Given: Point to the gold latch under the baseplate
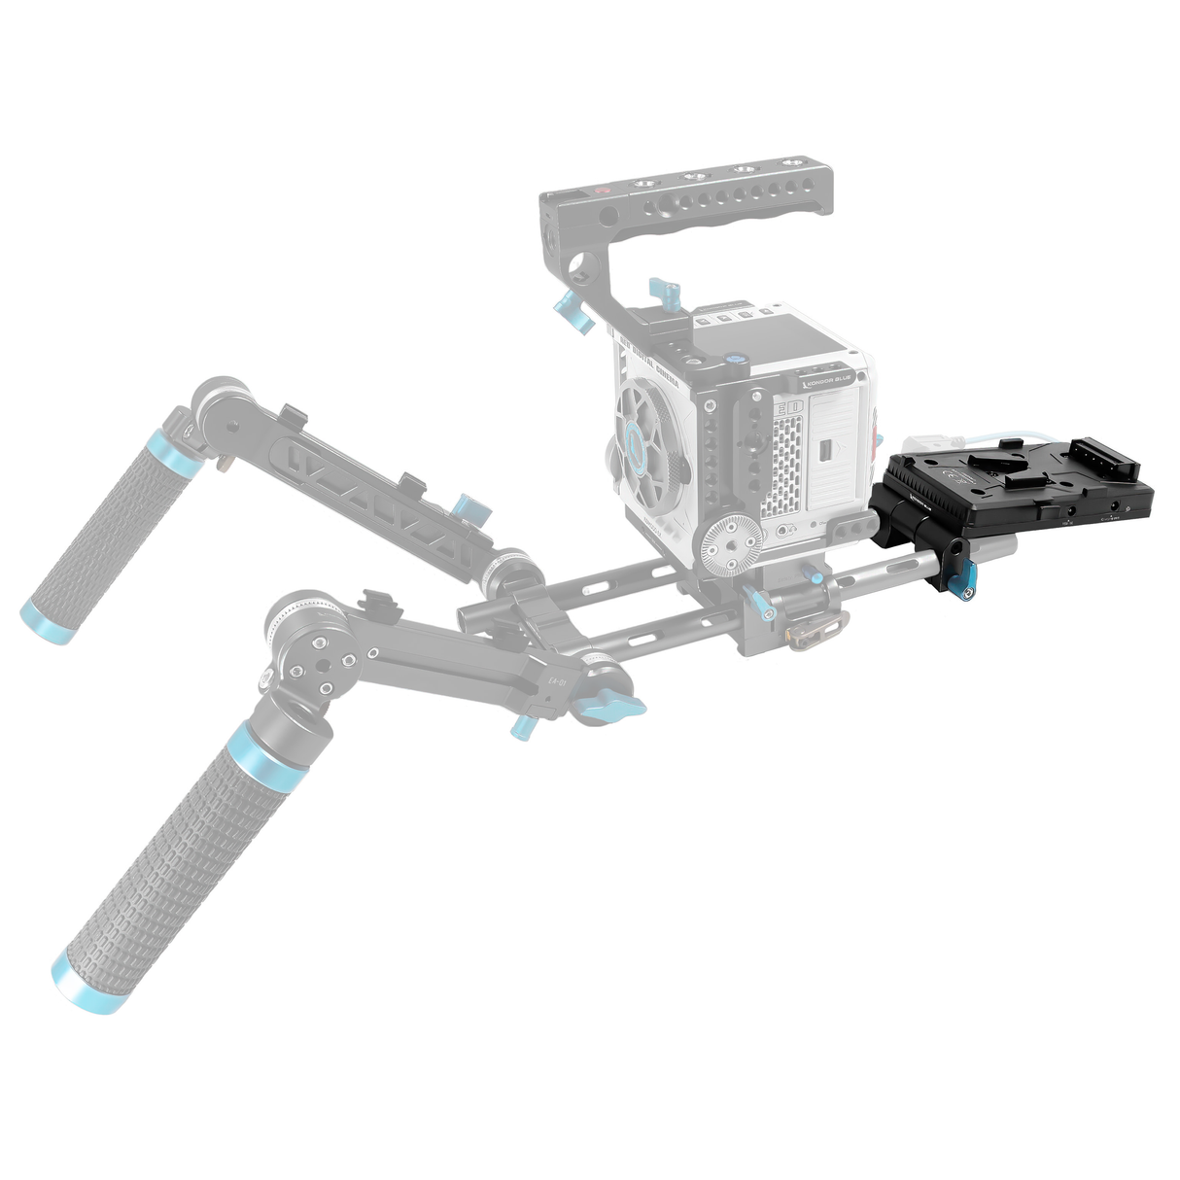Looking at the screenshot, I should pos(809,633).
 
